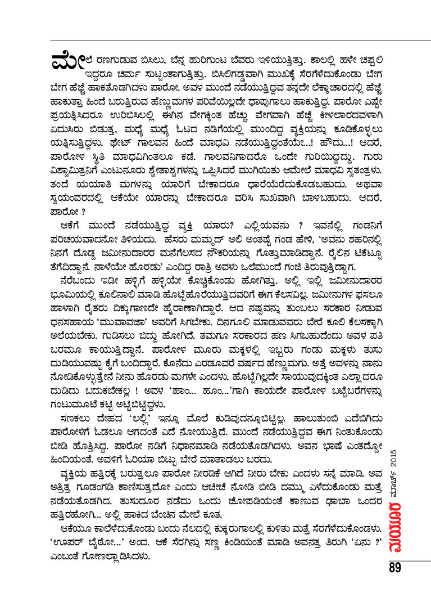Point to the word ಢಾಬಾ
coord(326,497)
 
